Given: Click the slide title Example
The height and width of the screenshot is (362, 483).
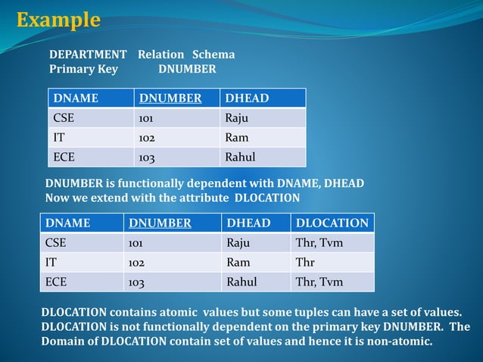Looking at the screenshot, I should (58, 20).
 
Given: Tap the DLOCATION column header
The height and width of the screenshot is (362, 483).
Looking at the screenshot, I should (332, 223).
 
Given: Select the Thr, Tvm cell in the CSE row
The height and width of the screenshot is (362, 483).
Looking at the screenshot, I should (319, 243).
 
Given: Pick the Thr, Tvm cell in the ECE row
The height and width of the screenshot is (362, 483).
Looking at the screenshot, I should (319, 282).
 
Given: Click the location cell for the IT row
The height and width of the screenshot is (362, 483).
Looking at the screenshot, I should (306, 263).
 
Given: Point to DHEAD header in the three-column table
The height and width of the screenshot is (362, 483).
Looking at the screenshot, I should (246, 98).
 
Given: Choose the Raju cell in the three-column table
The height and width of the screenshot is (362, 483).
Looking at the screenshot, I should (236, 118).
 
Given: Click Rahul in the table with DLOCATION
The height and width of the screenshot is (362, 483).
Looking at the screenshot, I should (241, 282).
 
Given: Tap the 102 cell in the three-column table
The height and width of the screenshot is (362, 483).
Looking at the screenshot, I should (147, 138).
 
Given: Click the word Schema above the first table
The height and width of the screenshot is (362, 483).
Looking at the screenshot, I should (213, 55).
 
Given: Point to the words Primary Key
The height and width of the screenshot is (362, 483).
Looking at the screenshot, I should (83, 70).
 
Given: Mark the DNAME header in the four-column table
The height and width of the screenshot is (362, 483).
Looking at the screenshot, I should (67, 223).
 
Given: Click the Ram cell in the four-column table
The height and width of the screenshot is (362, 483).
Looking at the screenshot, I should (238, 263).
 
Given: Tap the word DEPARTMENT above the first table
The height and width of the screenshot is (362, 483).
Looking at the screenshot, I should (88, 55).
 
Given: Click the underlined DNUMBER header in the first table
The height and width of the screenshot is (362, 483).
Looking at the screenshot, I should (170, 98).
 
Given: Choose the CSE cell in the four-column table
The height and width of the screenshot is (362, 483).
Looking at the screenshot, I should (56, 243).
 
